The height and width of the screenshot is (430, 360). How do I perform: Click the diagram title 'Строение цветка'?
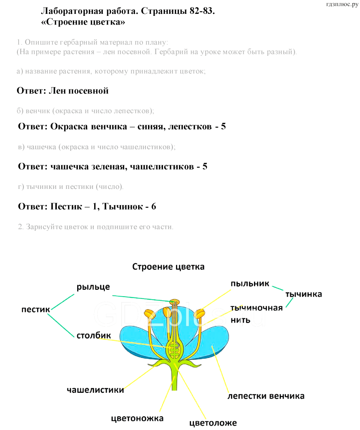(168, 267)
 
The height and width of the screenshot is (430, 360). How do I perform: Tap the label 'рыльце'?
(93, 287)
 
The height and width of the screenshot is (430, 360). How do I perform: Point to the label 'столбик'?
(93, 336)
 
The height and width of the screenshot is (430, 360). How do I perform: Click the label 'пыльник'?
(250, 283)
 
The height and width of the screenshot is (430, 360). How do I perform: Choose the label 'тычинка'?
(303, 294)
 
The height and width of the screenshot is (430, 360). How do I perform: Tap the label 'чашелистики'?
(95, 390)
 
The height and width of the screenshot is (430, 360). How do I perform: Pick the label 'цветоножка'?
(137, 418)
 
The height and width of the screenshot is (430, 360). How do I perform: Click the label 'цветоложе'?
(213, 423)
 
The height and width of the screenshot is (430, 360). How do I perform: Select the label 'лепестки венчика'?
(266, 396)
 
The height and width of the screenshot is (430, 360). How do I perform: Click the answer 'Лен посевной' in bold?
(78, 91)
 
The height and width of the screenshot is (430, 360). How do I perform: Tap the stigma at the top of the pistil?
(174, 302)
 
